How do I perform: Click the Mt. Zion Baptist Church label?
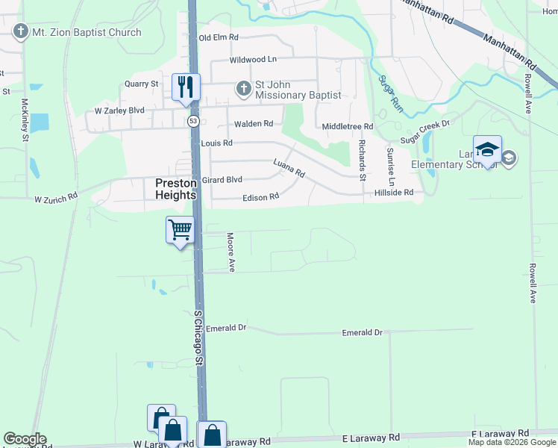pos(87,32)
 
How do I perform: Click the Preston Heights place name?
pos(175,188)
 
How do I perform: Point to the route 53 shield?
pos(193,120)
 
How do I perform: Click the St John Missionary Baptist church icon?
pos(242,89)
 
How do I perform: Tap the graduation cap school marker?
pos(487,149)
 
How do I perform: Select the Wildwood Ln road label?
pos(253,59)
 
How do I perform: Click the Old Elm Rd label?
pos(218,37)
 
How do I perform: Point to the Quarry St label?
pos(142,84)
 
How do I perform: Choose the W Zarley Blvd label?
pos(119,111)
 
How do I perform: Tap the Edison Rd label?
pos(260,197)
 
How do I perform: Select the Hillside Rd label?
pos(393,193)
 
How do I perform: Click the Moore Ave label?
pos(231,252)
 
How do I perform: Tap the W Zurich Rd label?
pos(56,199)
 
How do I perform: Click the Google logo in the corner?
pos(25,439)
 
